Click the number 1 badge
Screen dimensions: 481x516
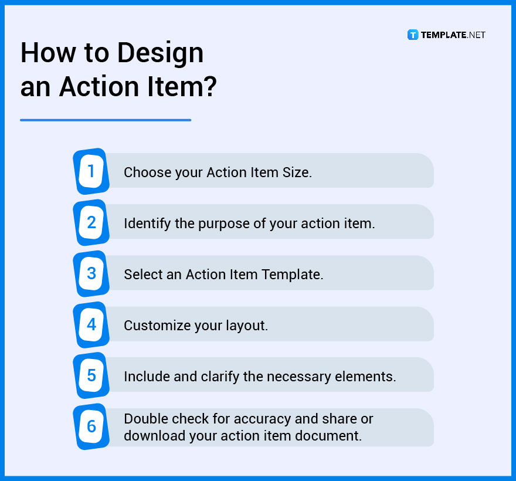(91, 171)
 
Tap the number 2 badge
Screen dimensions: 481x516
(91, 222)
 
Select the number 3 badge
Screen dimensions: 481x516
(91, 273)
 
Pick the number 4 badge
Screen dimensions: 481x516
(91, 324)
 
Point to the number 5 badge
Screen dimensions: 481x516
(91, 375)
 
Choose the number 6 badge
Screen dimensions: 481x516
(91, 426)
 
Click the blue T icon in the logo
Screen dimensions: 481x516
(413, 35)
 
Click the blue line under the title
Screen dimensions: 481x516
(106, 120)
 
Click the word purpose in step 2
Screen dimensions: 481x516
(237, 223)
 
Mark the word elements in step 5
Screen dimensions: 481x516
(369, 377)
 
